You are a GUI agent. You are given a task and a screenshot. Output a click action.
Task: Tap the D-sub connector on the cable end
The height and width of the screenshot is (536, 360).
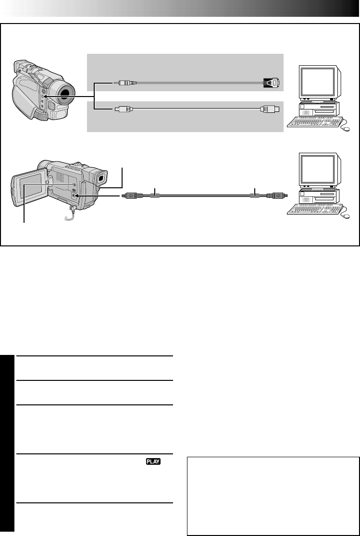point(272,83)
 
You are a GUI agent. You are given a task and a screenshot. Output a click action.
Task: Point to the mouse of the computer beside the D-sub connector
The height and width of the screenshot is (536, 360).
point(346,128)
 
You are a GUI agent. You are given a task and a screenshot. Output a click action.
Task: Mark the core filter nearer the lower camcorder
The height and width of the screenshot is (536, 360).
point(155,196)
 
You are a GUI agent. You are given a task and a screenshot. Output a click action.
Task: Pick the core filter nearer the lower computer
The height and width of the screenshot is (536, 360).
point(255,196)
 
